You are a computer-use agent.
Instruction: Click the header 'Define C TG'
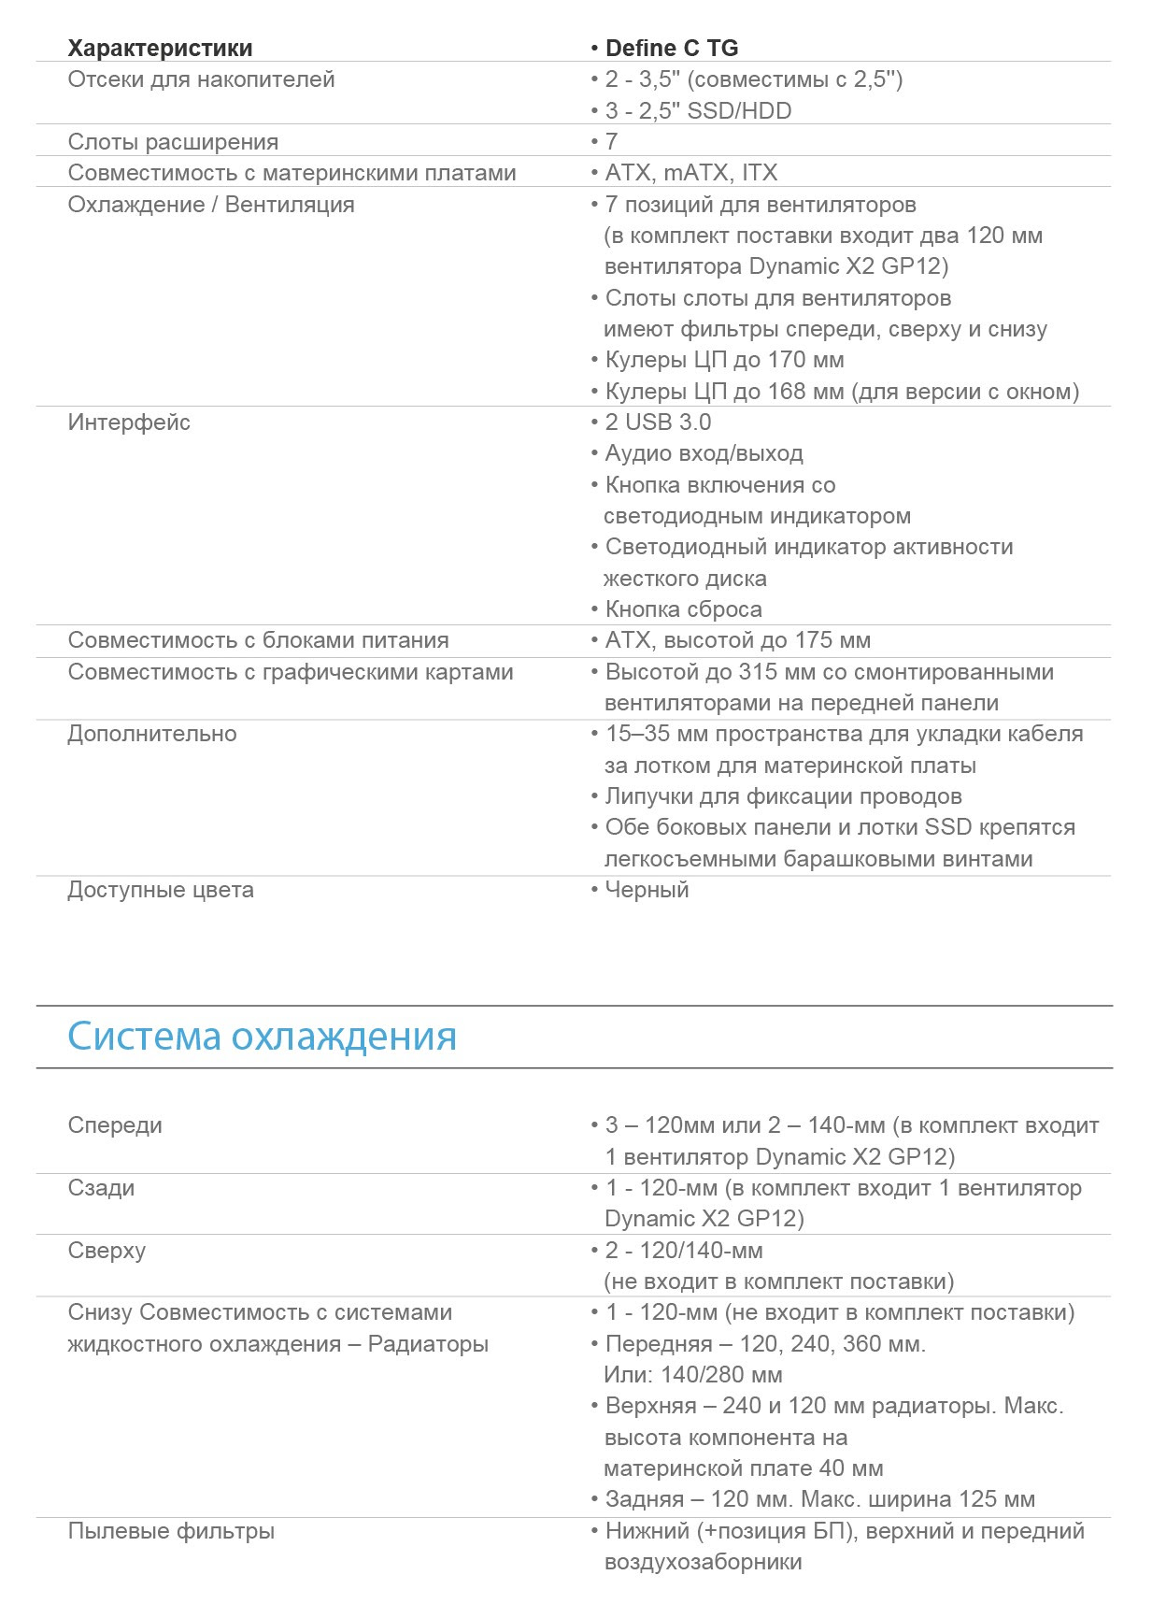[671, 48]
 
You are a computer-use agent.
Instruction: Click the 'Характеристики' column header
[160, 48]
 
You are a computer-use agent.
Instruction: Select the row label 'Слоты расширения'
[173, 142]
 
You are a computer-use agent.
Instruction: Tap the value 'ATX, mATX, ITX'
[690, 173]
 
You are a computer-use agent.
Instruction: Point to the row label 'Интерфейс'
[129, 422]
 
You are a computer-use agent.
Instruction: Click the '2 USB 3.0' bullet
[658, 422]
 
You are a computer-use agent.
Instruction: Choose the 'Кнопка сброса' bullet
[683, 609]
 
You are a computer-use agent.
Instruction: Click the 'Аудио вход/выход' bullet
[704, 453]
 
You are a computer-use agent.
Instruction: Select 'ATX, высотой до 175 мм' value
[737, 640]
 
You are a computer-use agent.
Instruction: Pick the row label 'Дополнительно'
[152, 734]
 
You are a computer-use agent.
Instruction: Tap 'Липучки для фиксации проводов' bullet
[783, 796]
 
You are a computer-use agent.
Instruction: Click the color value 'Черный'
[647, 890]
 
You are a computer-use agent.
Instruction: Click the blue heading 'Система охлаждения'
[263, 1037]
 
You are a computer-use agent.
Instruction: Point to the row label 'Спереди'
[115, 1125]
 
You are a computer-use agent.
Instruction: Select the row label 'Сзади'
[101, 1188]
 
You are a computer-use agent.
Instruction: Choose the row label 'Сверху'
[107, 1251]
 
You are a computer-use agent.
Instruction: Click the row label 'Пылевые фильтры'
[171, 1531]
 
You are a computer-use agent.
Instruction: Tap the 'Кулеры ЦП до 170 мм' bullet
[724, 360]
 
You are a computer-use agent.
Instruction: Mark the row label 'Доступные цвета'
[161, 890]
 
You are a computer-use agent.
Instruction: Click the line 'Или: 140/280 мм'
[693, 1375]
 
